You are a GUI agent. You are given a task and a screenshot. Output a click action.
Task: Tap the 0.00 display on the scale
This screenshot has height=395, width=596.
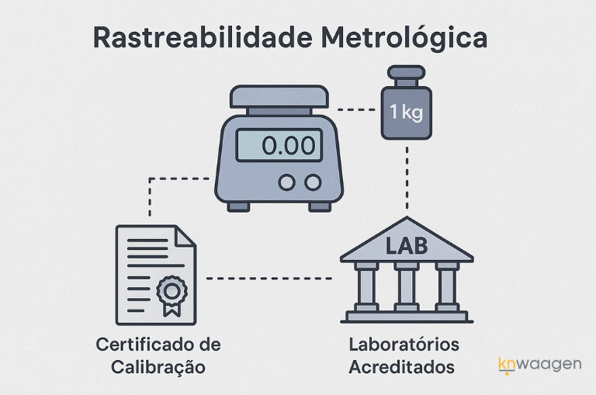tap(279, 145)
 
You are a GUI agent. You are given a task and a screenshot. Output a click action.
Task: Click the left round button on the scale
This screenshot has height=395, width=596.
tap(287, 182)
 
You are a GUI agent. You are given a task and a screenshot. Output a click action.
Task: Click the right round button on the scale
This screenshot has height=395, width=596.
tap(313, 182)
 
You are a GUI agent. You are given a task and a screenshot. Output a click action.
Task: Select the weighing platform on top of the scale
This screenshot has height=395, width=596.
tap(279, 97)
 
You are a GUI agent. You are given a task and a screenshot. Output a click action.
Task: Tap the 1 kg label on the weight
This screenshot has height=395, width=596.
tap(406, 113)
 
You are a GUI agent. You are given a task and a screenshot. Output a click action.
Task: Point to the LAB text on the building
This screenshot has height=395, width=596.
tap(407, 246)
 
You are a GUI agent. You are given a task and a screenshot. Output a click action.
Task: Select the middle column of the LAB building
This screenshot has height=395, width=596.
tap(407, 285)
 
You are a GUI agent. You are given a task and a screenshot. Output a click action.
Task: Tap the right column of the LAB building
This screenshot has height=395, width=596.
tap(446, 285)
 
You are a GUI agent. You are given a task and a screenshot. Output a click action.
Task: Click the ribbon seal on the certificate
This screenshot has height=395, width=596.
tap(172, 294)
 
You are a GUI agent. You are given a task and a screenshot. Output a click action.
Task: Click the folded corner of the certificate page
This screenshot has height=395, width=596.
tap(185, 236)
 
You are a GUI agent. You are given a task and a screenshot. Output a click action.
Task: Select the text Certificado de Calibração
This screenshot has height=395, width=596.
tap(158, 355)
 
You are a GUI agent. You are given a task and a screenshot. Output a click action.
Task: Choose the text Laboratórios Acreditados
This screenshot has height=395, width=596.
tap(404, 355)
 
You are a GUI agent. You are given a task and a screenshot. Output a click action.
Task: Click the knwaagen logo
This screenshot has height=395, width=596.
tap(539, 364)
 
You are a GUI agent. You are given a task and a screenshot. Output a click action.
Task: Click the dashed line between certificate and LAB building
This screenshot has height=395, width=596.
tap(269, 277)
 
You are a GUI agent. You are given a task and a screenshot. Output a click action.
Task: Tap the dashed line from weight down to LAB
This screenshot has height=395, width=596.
tap(406, 178)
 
